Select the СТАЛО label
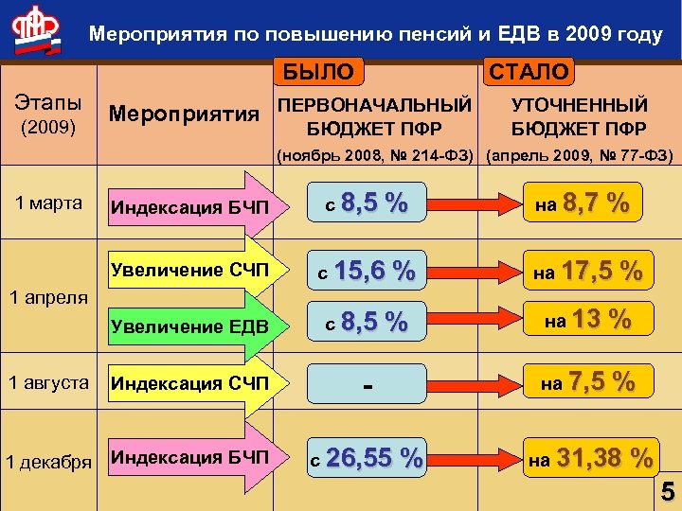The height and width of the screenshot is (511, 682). coord(528,71)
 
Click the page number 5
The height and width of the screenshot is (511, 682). coord(668,492)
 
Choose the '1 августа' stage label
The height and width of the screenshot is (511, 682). coord(46,383)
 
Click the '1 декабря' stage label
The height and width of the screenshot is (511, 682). coord(49,462)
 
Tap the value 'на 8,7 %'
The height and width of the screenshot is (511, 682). coord(582,204)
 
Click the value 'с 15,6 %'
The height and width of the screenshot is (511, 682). coord(366,272)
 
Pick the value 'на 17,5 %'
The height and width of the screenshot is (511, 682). coord(587,272)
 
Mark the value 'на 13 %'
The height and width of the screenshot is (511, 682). coord(586,320)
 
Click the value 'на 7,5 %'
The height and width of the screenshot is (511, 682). coord(587,382)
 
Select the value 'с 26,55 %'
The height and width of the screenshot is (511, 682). coord(367,459)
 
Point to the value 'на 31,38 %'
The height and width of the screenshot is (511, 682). coord(591,459)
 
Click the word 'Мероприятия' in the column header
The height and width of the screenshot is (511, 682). coord(184,115)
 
